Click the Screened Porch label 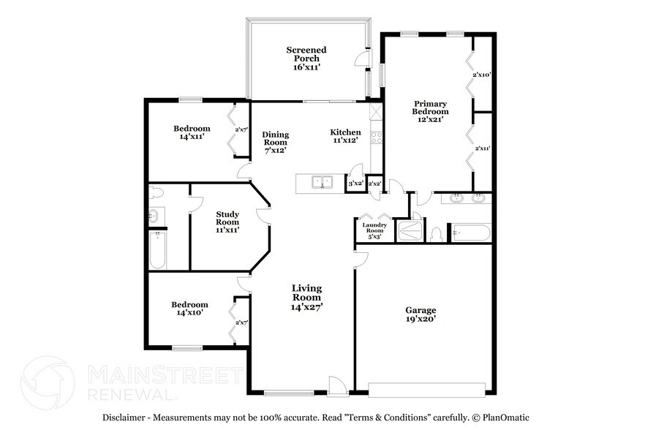306,59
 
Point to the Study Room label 227,222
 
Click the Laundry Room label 374,231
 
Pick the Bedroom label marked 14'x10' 189,308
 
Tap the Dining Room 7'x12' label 275,142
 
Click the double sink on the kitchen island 320,182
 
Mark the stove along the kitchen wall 376,135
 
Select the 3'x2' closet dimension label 355,184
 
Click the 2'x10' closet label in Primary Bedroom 480,75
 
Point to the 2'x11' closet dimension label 482,148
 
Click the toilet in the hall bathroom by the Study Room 155,194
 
